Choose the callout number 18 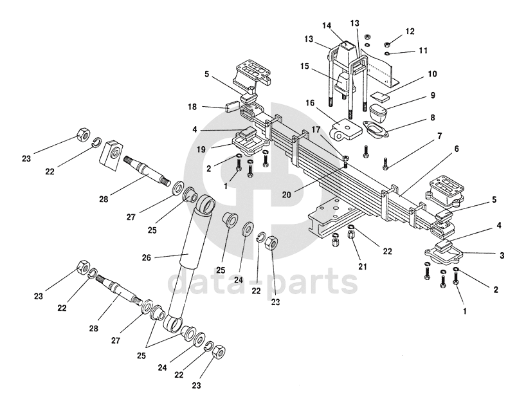click(192, 106)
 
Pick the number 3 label click(501, 255)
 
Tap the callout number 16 click(310, 102)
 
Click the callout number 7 click(439, 136)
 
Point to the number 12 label click(410, 31)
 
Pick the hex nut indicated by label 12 click(388, 44)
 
